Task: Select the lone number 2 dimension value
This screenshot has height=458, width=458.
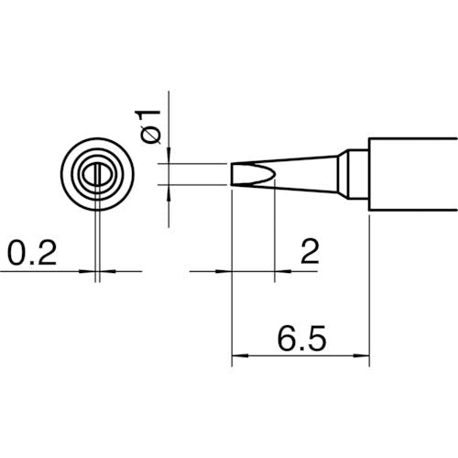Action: click(309, 251)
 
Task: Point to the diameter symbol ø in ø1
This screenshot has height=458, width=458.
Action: click(152, 135)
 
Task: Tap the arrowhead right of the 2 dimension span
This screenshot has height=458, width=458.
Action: click(282, 271)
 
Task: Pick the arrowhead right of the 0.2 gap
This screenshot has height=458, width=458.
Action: click(105, 271)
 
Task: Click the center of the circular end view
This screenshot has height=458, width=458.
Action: click(96, 174)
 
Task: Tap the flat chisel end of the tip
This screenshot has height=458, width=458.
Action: click(234, 174)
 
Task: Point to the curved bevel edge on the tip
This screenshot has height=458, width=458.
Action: click(272, 174)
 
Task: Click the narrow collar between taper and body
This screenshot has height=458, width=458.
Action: click(348, 174)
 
